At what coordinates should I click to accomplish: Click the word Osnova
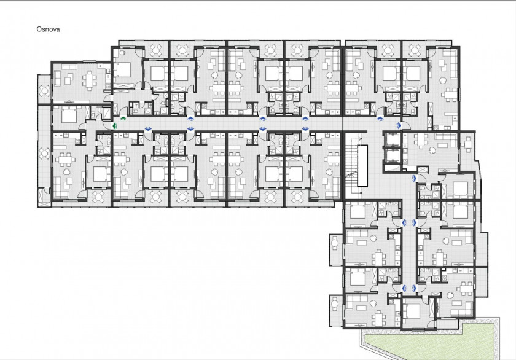click(x=48, y=29)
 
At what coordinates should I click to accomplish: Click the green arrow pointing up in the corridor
click(x=123, y=119)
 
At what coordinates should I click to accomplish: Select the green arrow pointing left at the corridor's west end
click(x=115, y=125)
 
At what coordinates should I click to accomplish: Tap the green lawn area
click(x=431, y=342)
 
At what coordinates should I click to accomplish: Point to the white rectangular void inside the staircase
click(x=362, y=165)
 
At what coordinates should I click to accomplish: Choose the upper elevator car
click(x=392, y=141)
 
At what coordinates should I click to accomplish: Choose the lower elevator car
click(x=392, y=155)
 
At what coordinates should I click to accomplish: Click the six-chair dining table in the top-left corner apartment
click(x=90, y=80)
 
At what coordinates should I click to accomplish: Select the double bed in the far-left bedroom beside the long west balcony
click(x=68, y=114)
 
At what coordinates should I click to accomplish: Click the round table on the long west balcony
click(x=44, y=153)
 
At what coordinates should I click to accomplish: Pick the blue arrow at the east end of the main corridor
click(x=399, y=125)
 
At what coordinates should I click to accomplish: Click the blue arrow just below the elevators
click(x=414, y=178)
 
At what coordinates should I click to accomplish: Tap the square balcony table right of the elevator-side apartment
click(x=467, y=144)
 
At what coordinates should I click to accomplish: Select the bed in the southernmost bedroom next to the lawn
click(x=411, y=310)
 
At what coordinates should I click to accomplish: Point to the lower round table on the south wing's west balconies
click(x=335, y=303)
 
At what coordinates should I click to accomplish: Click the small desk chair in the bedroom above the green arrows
click(x=122, y=52)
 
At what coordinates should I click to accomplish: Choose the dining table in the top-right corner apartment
click(x=448, y=95)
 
